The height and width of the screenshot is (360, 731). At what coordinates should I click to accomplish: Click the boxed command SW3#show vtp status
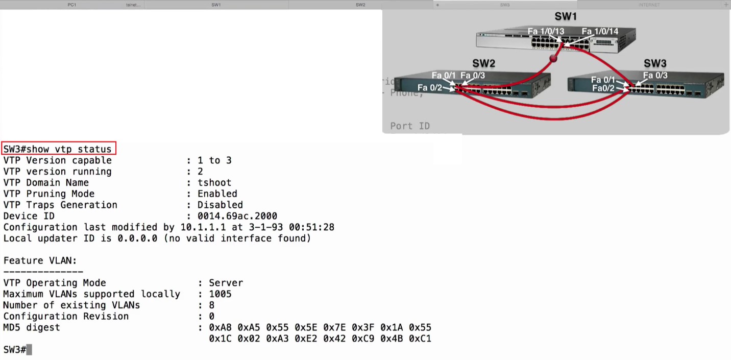click(x=59, y=149)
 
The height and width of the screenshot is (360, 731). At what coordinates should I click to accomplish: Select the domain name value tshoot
click(x=214, y=183)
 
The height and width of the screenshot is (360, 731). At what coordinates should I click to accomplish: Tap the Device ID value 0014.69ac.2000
click(x=237, y=216)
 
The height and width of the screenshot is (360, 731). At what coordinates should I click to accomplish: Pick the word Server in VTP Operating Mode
click(x=226, y=283)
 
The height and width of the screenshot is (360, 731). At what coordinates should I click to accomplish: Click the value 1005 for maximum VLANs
click(x=220, y=294)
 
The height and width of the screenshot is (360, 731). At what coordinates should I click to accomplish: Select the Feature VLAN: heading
click(x=40, y=261)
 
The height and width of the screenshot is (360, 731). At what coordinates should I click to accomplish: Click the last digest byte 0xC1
click(x=420, y=339)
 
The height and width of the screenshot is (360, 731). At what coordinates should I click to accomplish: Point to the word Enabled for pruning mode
click(x=217, y=194)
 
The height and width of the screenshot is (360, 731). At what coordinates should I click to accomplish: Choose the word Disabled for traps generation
click(x=220, y=205)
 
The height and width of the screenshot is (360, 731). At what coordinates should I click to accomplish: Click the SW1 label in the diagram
click(x=566, y=16)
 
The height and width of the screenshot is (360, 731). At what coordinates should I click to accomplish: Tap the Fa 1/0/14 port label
click(x=600, y=31)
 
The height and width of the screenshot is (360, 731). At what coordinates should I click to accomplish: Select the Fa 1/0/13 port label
click(x=546, y=31)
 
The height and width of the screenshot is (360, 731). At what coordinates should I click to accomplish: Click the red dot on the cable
click(x=553, y=59)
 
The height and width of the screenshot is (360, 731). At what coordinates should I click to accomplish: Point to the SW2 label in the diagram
click(x=483, y=63)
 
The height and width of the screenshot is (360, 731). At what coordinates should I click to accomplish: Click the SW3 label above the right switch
click(x=655, y=63)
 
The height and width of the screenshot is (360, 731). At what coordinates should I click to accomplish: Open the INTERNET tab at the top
click(x=649, y=5)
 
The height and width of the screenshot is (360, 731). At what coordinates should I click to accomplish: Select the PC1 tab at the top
click(x=72, y=5)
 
